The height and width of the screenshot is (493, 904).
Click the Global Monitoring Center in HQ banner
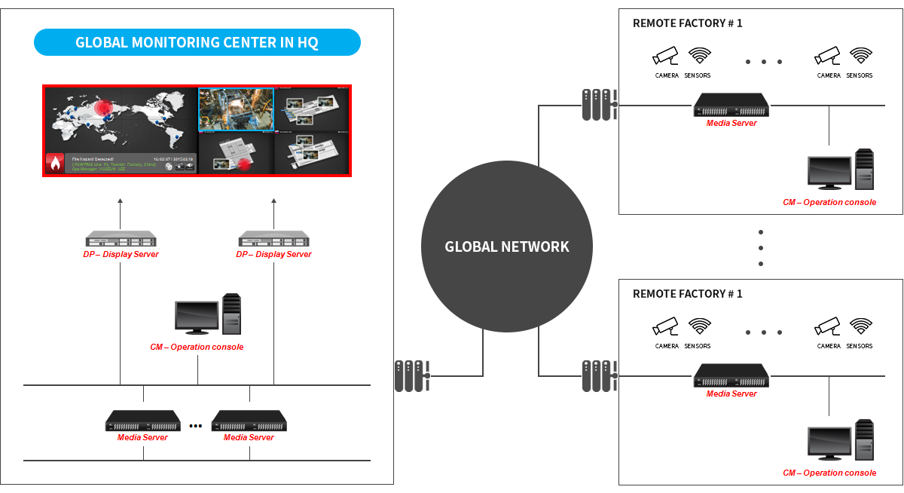pyautogui.click(x=197, y=43)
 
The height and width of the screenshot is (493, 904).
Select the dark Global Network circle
pyautogui.click(x=507, y=246)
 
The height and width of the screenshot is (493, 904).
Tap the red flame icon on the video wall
pyautogui.click(x=55, y=163)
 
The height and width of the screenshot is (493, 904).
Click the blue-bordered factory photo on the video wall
pyautogui.click(x=236, y=109)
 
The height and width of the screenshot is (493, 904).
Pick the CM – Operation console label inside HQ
pyautogui.click(x=197, y=347)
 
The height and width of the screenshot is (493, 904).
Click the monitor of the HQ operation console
pyautogui.click(x=196, y=316)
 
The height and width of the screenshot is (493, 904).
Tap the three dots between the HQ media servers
pyautogui.click(x=196, y=426)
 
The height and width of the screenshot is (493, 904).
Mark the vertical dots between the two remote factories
pyautogui.click(x=761, y=248)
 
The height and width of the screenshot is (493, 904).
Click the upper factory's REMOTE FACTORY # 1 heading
pyautogui.click(x=687, y=23)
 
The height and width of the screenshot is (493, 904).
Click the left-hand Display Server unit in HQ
pyautogui.click(x=120, y=240)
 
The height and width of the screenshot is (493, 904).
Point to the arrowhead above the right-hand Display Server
pyautogui.click(x=273, y=201)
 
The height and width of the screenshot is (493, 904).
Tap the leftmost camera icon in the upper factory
pyautogui.click(x=666, y=56)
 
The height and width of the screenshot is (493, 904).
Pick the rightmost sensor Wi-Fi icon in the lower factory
pyautogui.click(x=860, y=326)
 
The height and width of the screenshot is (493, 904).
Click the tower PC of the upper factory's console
pyautogui.click(x=864, y=170)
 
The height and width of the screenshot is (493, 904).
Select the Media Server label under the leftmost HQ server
pyautogui.click(x=142, y=437)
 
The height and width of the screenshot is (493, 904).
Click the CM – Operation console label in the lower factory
pyautogui.click(x=829, y=473)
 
